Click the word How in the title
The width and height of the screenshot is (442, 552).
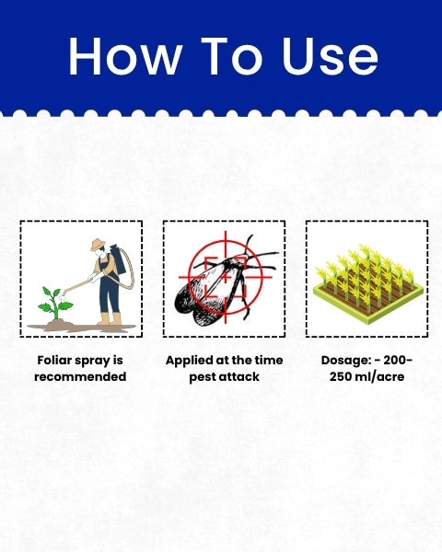125,56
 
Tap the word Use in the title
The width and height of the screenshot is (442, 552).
331,56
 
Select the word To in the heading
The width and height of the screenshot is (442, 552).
232,56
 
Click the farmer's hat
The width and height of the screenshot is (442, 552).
98,245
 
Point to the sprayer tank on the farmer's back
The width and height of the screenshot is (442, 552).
118,259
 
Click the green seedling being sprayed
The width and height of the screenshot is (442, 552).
55,304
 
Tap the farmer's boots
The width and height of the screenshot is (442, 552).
110,319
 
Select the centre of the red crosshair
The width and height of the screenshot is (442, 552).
226,278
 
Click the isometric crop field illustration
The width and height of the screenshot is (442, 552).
367,283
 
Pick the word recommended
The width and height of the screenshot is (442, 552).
80,376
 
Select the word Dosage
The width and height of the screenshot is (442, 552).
345,361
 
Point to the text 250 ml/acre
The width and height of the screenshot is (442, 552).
366,376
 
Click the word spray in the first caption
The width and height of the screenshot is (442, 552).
92,362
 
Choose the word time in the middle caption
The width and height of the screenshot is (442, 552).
269,360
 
